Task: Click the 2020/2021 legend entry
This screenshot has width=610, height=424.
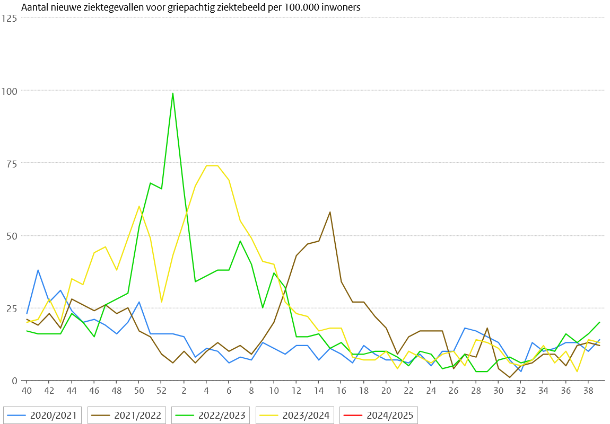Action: pyautogui.click(x=42, y=415)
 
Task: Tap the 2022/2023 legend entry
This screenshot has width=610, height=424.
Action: pyautogui.click(x=211, y=415)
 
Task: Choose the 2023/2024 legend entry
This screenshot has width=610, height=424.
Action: pyautogui.click(x=295, y=415)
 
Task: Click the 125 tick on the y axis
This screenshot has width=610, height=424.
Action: pyautogui.click(x=10, y=18)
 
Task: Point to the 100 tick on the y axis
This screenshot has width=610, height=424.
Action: pyautogui.click(x=10, y=91)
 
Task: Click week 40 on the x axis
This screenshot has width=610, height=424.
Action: pyautogui.click(x=26, y=391)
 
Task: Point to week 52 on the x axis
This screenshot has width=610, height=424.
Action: pyautogui.click(x=161, y=391)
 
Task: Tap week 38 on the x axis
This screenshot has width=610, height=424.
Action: pyautogui.click(x=588, y=391)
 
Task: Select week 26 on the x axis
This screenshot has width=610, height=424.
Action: pyautogui.click(x=453, y=391)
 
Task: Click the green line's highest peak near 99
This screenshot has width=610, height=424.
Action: pyautogui.click(x=172, y=93)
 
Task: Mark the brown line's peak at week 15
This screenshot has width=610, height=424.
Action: pyautogui.click(x=330, y=212)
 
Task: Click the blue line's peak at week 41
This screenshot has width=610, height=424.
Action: pyautogui.click(x=38, y=270)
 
